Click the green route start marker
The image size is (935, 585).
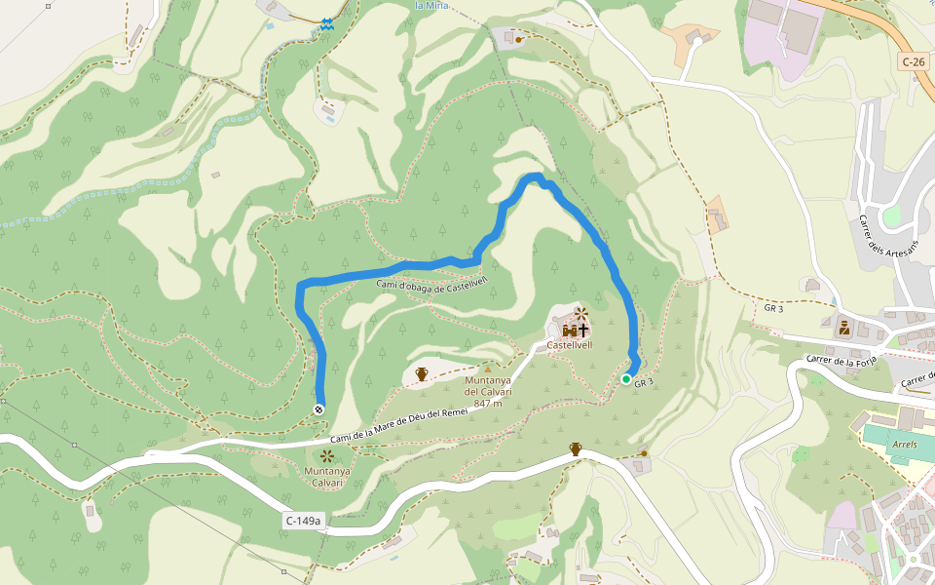[x=626, y=379]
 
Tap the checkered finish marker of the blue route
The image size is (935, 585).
[x=319, y=409]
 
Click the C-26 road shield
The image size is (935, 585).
[x=913, y=61]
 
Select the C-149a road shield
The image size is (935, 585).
[x=303, y=522]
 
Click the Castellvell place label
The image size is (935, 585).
[x=570, y=345]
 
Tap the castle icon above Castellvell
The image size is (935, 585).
[x=568, y=331]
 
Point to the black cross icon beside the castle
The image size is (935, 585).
[x=583, y=331]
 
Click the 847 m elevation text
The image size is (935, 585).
[x=489, y=403]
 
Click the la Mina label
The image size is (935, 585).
[x=431, y=5]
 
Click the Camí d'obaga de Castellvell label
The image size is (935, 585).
[x=431, y=286]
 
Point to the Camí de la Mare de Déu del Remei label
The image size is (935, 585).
[x=399, y=427]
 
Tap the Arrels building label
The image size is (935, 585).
[x=904, y=445]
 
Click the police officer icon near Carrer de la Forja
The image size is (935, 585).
[x=843, y=328]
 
